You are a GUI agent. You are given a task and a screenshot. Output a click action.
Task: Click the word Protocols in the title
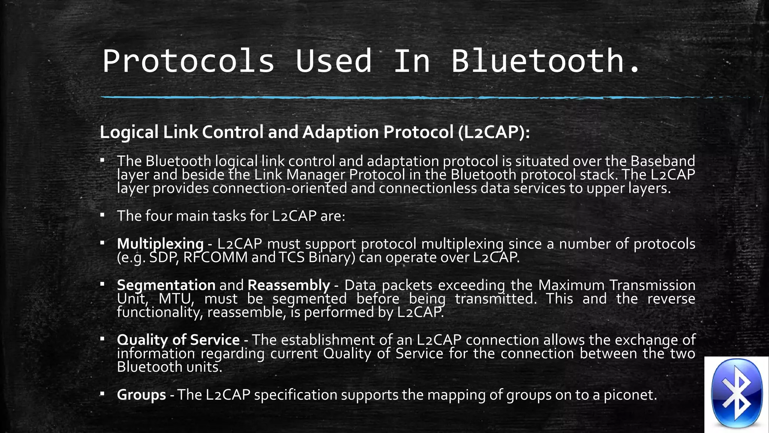click(188, 61)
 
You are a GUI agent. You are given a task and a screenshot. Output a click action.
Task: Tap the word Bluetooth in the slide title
click(538, 61)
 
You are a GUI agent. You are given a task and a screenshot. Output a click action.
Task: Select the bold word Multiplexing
click(160, 244)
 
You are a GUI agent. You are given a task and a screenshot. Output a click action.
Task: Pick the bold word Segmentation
click(166, 285)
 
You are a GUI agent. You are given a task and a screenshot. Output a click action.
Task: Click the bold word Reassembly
click(289, 285)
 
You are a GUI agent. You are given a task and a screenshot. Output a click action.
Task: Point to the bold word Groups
click(141, 395)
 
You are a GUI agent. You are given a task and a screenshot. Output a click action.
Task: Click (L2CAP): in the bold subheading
click(494, 132)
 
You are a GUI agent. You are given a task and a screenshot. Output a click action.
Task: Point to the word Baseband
click(663, 161)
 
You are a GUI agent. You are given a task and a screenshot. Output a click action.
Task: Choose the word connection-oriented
click(280, 188)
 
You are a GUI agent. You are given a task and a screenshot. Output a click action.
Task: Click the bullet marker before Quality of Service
click(102, 339)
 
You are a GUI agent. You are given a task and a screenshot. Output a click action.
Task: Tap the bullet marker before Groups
click(102, 394)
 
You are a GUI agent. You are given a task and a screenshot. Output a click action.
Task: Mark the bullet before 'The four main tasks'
click(102, 215)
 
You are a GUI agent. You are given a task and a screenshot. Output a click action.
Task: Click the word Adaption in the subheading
click(341, 132)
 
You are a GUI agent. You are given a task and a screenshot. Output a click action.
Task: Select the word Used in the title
click(333, 61)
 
